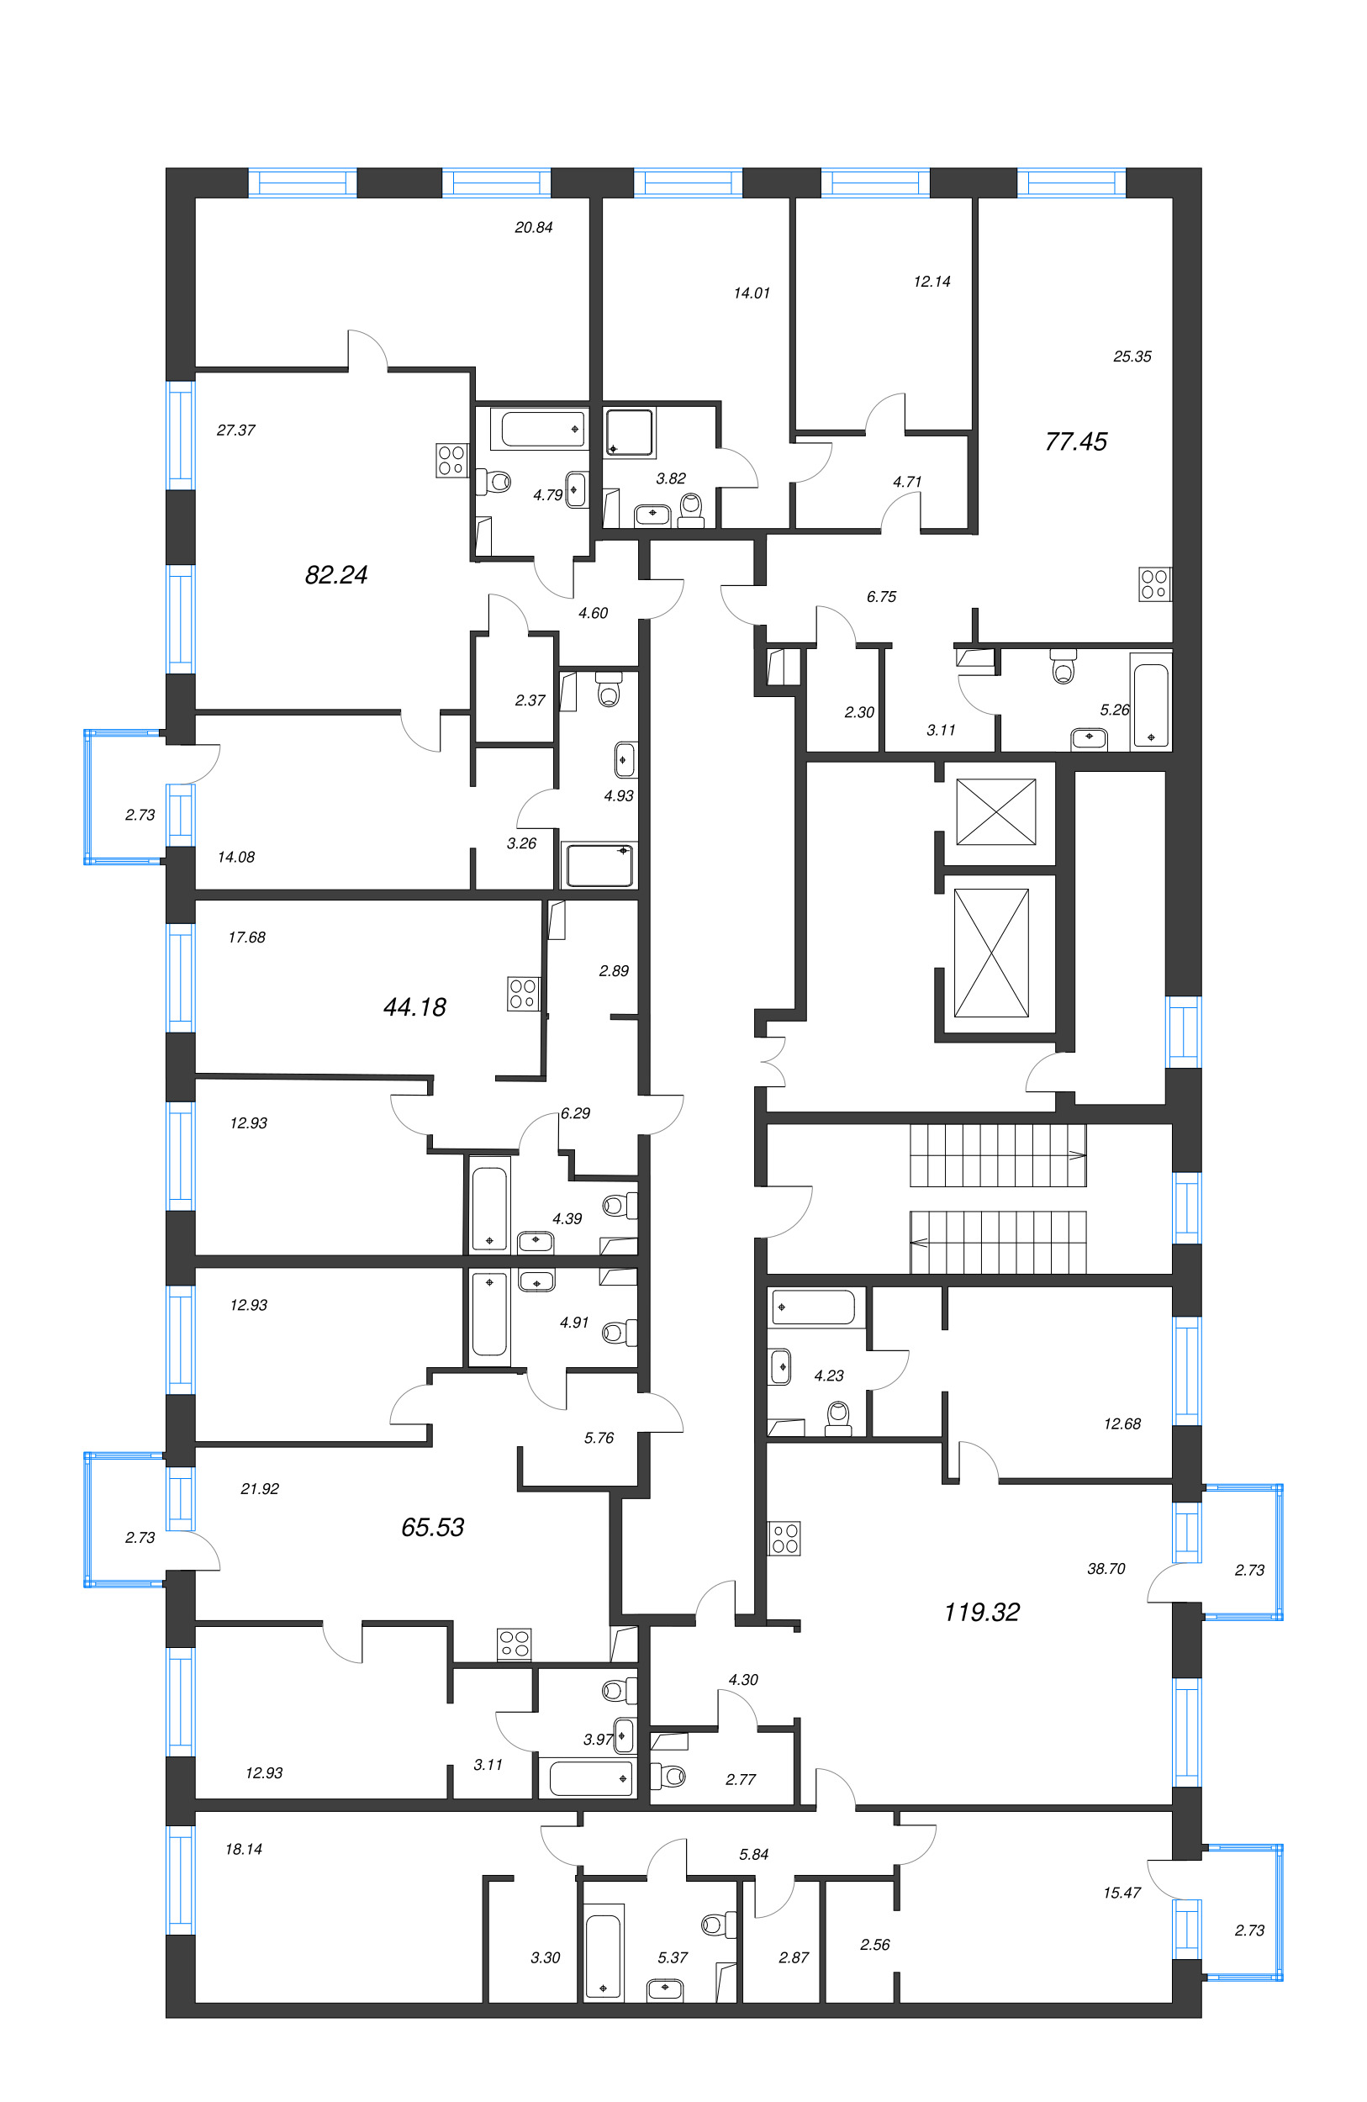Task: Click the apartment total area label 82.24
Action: click(335, 575)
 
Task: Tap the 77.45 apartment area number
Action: click(1075, 441)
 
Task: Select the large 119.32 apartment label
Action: click(981, 1612)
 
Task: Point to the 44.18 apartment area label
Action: click(414, 1006)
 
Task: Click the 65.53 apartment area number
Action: click(432, 1527)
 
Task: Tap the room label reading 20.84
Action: click(533, 227)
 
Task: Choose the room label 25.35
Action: click(1132, 356)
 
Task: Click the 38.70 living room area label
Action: click(1106, 1569)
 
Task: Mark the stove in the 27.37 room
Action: click(451, 460)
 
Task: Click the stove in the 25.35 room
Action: click(1154, 584)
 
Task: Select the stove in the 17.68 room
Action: click(523, 993)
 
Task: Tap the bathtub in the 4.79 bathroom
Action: click(543, 430)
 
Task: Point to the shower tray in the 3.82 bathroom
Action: click(631, 434)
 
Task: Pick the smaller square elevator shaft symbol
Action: click(996, 811)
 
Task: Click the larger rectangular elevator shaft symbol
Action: click(992, 953)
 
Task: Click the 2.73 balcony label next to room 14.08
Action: click(140, 814)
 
